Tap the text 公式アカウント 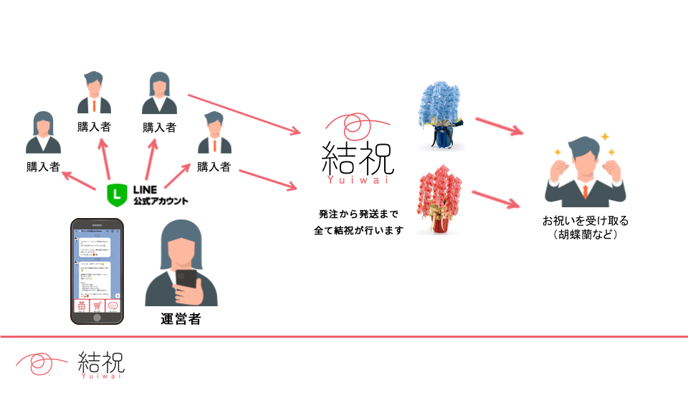pos(161,202)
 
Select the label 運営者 pos(180,319)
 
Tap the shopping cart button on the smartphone pos(97,306)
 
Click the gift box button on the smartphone pos(80,306)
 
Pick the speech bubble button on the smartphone pos(114,306)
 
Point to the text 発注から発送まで pos(358,214)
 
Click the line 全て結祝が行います pos(358,231)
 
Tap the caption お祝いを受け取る pos(585,220)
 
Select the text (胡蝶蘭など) pos(585,235)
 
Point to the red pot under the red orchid pos(441,225)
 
